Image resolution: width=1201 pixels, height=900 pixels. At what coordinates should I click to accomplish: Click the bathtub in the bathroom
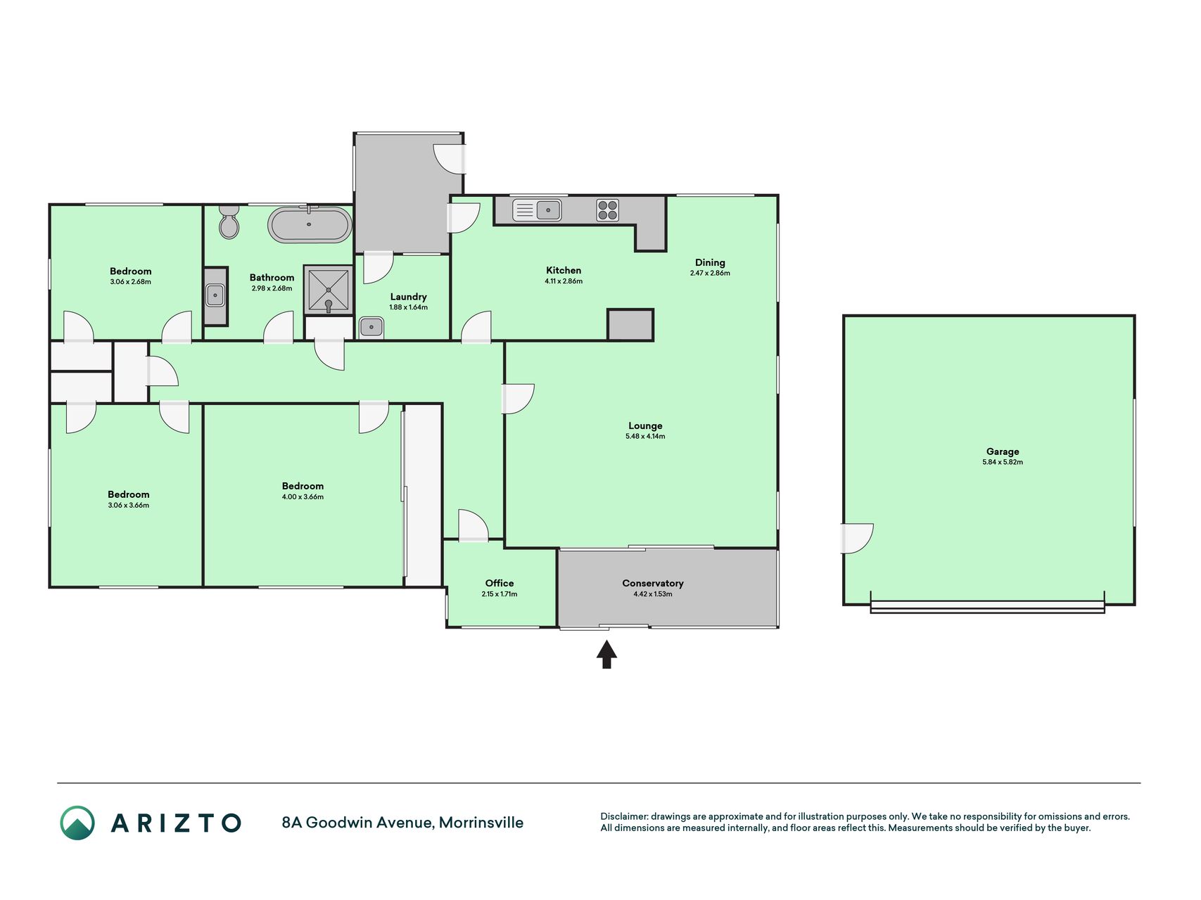(x=310, y=224)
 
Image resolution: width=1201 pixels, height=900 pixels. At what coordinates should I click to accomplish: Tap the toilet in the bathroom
(x=229, y=221)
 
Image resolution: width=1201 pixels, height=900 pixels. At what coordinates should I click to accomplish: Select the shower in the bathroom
(x=328, y=289)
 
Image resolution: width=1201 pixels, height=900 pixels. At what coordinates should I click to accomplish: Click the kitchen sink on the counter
(x=537, y=210)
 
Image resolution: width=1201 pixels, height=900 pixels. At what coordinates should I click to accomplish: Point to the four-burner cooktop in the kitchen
(x=608, y=210)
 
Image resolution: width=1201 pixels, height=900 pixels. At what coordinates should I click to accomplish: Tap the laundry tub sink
(x=371, y=327)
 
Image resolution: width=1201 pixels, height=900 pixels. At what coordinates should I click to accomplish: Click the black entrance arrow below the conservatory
(x=606, y=654)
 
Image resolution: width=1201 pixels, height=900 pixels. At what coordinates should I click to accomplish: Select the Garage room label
(x=1003, y=451)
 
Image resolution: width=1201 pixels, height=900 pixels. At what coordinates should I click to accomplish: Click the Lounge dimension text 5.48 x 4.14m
(x=645, y=437)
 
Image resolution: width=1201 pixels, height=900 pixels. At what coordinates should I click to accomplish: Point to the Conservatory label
(x=653, y=583)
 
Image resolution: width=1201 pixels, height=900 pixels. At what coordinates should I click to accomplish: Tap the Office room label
(x=500, y=583)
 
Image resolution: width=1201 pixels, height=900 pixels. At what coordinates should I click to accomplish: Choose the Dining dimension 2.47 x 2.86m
(x=710, y=273)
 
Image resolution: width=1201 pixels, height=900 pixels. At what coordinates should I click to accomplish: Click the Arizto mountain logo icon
(x=77, y=823)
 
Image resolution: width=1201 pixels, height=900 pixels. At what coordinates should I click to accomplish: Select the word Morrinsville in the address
(x=481, y=823)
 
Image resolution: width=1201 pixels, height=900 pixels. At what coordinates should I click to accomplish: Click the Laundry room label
(x=409, y=297)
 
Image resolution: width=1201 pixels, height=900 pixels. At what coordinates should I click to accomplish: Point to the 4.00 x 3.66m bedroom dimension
(x=303, y=497)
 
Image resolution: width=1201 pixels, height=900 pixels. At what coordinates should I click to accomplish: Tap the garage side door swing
(x=857, y=539)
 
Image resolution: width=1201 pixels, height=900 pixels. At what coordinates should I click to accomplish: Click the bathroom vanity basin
(x=215, y=295)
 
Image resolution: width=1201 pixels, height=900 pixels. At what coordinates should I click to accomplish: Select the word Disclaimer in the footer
(x=624, y=816)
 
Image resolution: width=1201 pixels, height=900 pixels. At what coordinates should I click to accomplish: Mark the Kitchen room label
(x=564, y=270)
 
